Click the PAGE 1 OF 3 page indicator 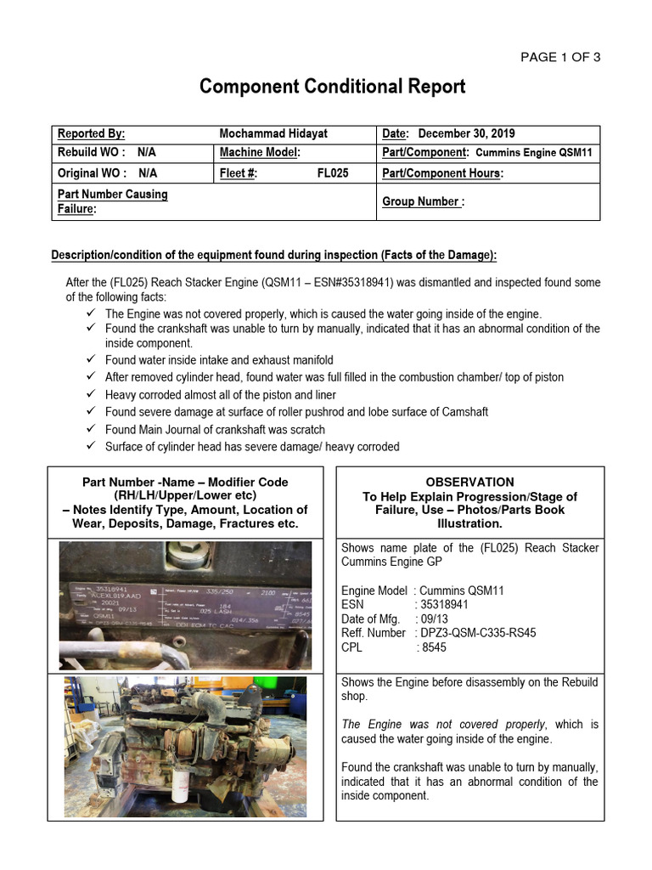tap(560, 58)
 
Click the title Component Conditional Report tap(332, 87)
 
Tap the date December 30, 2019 tap(466, 134)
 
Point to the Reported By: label tap(91, 134)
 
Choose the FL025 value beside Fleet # tap(333, 172)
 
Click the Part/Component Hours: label tap(442, 172)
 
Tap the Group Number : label tap(423, 202)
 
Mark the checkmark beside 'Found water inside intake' tap(91, 360)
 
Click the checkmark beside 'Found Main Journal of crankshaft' tap(91, 430)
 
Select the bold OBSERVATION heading tap(469, 482)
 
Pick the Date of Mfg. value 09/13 tap(431, 619)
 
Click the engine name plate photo tap(185, 605)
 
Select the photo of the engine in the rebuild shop tap(185, 747)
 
